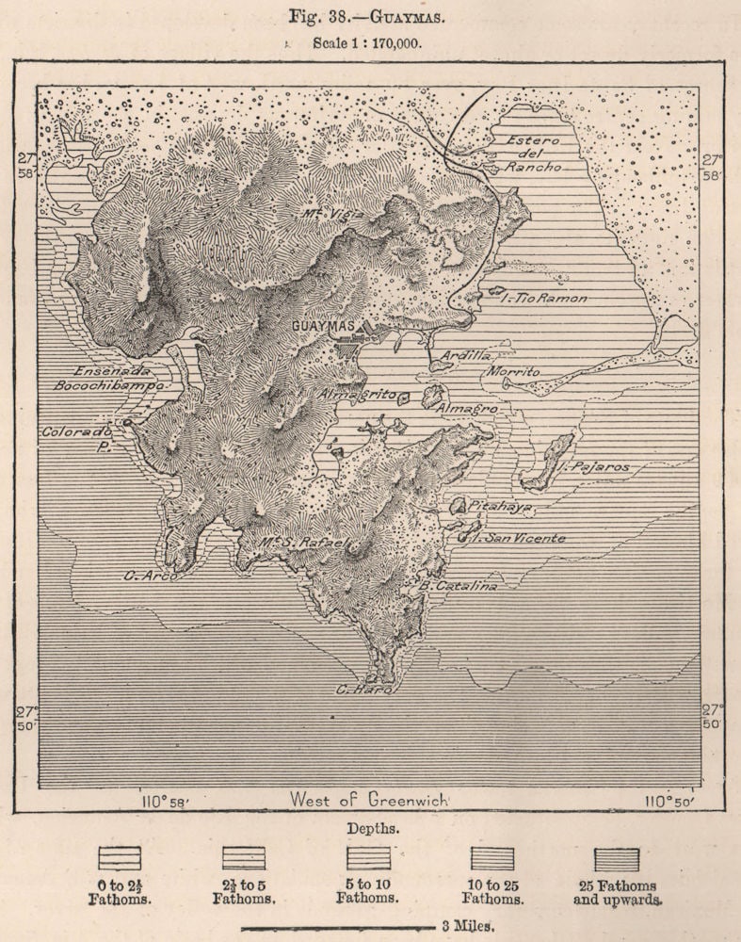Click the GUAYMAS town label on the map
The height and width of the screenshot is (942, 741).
[x=323, y=326]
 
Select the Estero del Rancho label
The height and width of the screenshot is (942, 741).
[x=533, y=153]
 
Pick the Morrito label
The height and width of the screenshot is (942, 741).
[x=513, y=372]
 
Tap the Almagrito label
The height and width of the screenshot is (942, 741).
[x=357, y=394]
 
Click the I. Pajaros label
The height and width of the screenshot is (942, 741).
[x=595, y=466]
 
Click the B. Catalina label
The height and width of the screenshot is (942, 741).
[x=458, y=585]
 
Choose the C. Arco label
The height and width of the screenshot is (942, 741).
[x=150, y=575]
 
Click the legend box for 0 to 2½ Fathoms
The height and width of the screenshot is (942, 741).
[x=120, y=857]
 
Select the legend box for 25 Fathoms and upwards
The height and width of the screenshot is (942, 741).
[x=617, y=859]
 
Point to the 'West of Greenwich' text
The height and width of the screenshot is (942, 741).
[x=368, y=800]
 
